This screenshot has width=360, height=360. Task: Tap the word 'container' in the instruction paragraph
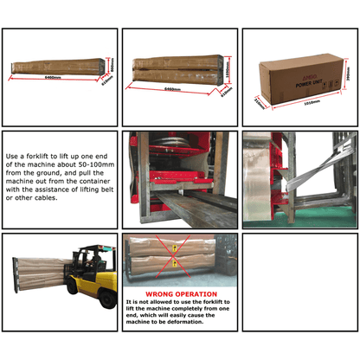pyautogui.click(x=96, y=181)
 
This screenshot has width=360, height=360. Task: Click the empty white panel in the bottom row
pyautogui.click(x=299, y=293)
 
